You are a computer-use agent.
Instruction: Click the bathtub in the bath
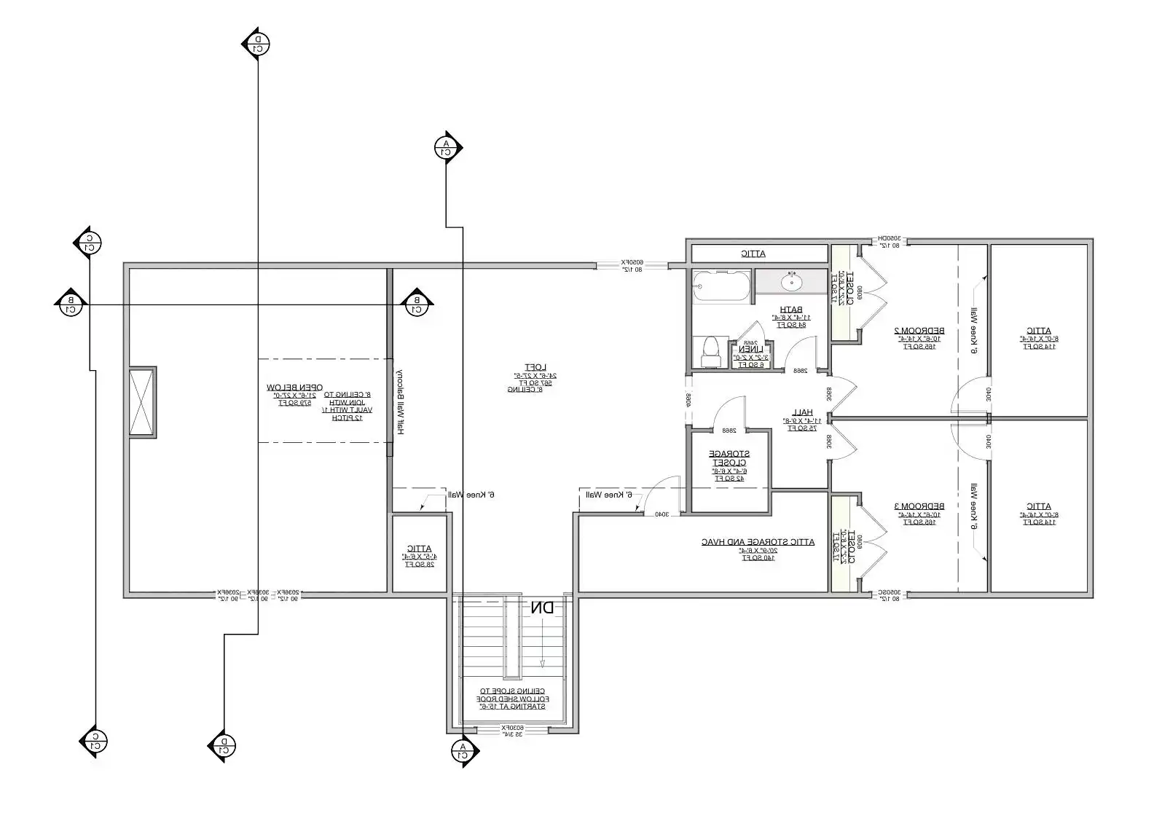(x=721, y=286)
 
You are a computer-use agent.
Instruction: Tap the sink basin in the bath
(x=791, y=280)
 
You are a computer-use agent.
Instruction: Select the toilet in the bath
(x=709, y=352)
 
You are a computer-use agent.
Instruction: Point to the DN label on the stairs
(x=542, y=608)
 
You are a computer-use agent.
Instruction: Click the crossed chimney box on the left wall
(x=141, y=402)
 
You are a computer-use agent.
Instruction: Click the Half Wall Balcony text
(x=400, y=401)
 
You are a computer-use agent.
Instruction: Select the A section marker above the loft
(x=447, y=148)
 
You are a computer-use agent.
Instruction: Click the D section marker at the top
(x=256, y=44)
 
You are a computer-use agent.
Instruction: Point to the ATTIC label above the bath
(x=753, y=254)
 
